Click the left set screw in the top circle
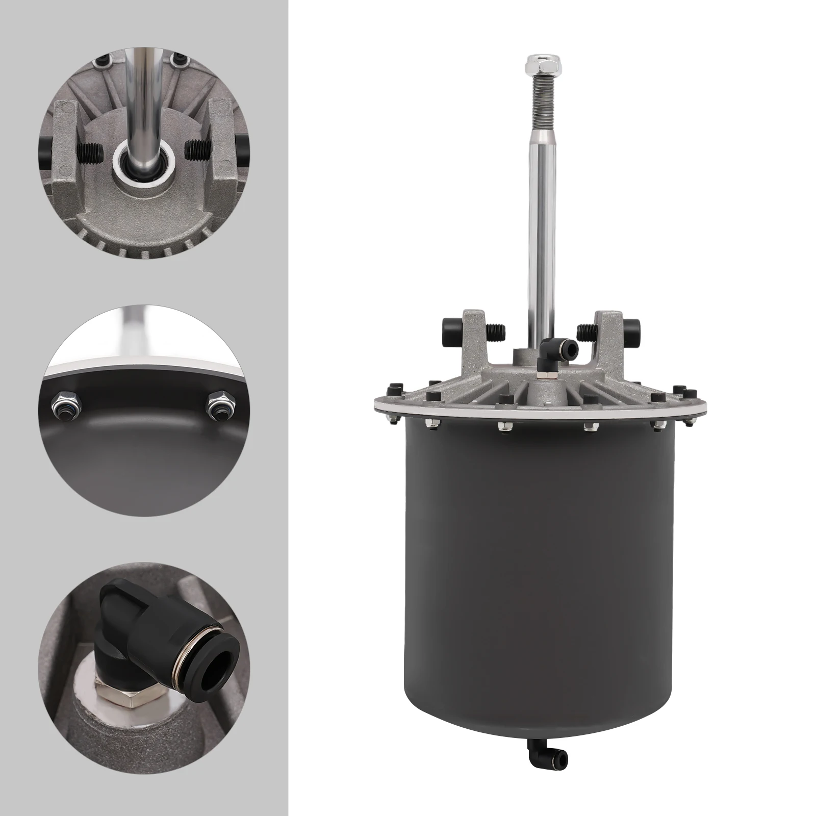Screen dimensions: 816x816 pos(91,150)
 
